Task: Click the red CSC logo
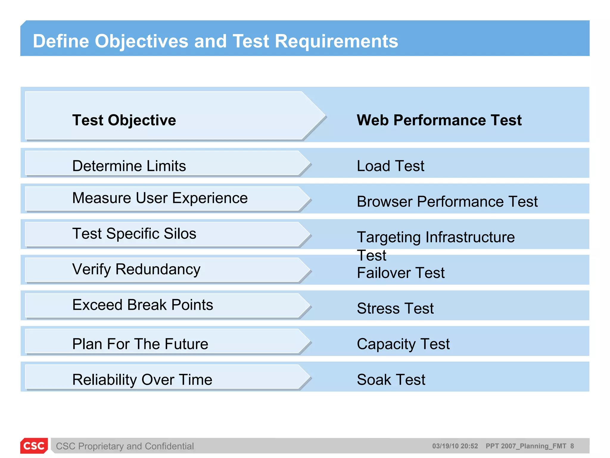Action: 34,445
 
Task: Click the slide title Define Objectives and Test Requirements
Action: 215,41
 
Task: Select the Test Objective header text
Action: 124,120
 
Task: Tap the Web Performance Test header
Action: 439,120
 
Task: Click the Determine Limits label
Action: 129,166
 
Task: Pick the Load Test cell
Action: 390,166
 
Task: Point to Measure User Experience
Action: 160,198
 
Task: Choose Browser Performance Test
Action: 447,202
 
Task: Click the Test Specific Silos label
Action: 134,233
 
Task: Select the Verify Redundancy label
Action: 136,269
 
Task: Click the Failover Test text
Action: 400,273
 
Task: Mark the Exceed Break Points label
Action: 142,305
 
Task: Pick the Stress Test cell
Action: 395,308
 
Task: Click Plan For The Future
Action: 140,344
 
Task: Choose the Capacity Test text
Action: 403,344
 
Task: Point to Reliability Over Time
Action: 142,380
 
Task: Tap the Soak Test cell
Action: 391,380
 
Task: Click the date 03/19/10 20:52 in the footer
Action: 455,446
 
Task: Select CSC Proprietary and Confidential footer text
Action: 125,446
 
